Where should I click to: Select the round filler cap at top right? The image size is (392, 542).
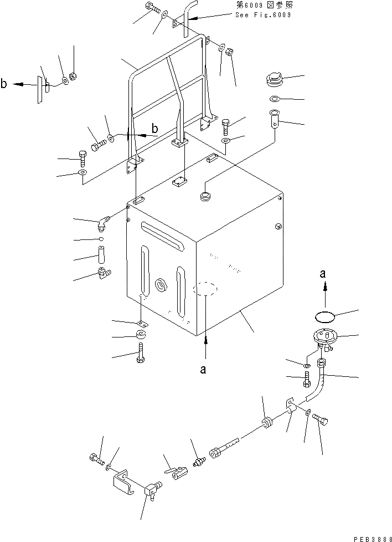point(273,80)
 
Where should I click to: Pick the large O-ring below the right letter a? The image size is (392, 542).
point(325,316)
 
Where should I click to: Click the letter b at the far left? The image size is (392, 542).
point(4,84)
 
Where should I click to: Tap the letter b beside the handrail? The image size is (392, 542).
point(154,129)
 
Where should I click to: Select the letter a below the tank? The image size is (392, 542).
point(204,370)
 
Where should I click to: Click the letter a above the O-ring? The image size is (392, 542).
point(324,273)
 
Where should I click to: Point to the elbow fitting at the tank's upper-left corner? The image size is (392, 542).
point(102,223)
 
